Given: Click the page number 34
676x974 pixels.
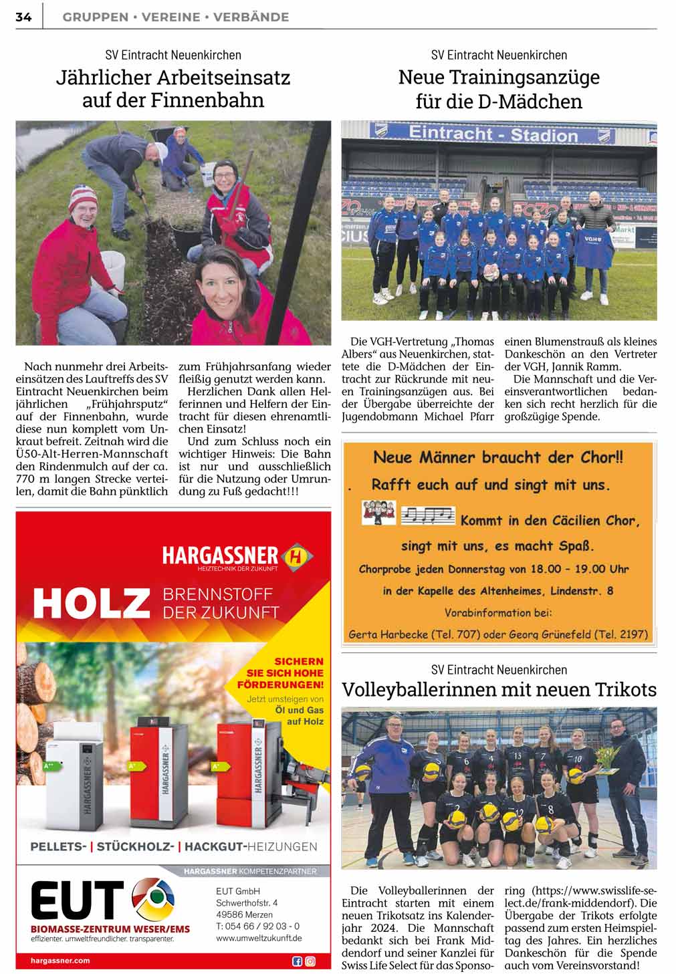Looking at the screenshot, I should (23, 17).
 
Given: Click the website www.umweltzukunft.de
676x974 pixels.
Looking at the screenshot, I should (259, 938).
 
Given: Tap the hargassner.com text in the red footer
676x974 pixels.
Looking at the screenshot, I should (60, 961).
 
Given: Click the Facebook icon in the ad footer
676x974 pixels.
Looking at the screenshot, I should (298, 961).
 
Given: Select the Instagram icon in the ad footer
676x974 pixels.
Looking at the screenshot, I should (310, 961).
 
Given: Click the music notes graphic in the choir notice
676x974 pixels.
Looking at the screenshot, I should (427, 515).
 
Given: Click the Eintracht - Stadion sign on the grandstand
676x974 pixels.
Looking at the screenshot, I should (493, 134).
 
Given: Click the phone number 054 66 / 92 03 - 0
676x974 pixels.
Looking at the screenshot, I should (258, 926).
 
